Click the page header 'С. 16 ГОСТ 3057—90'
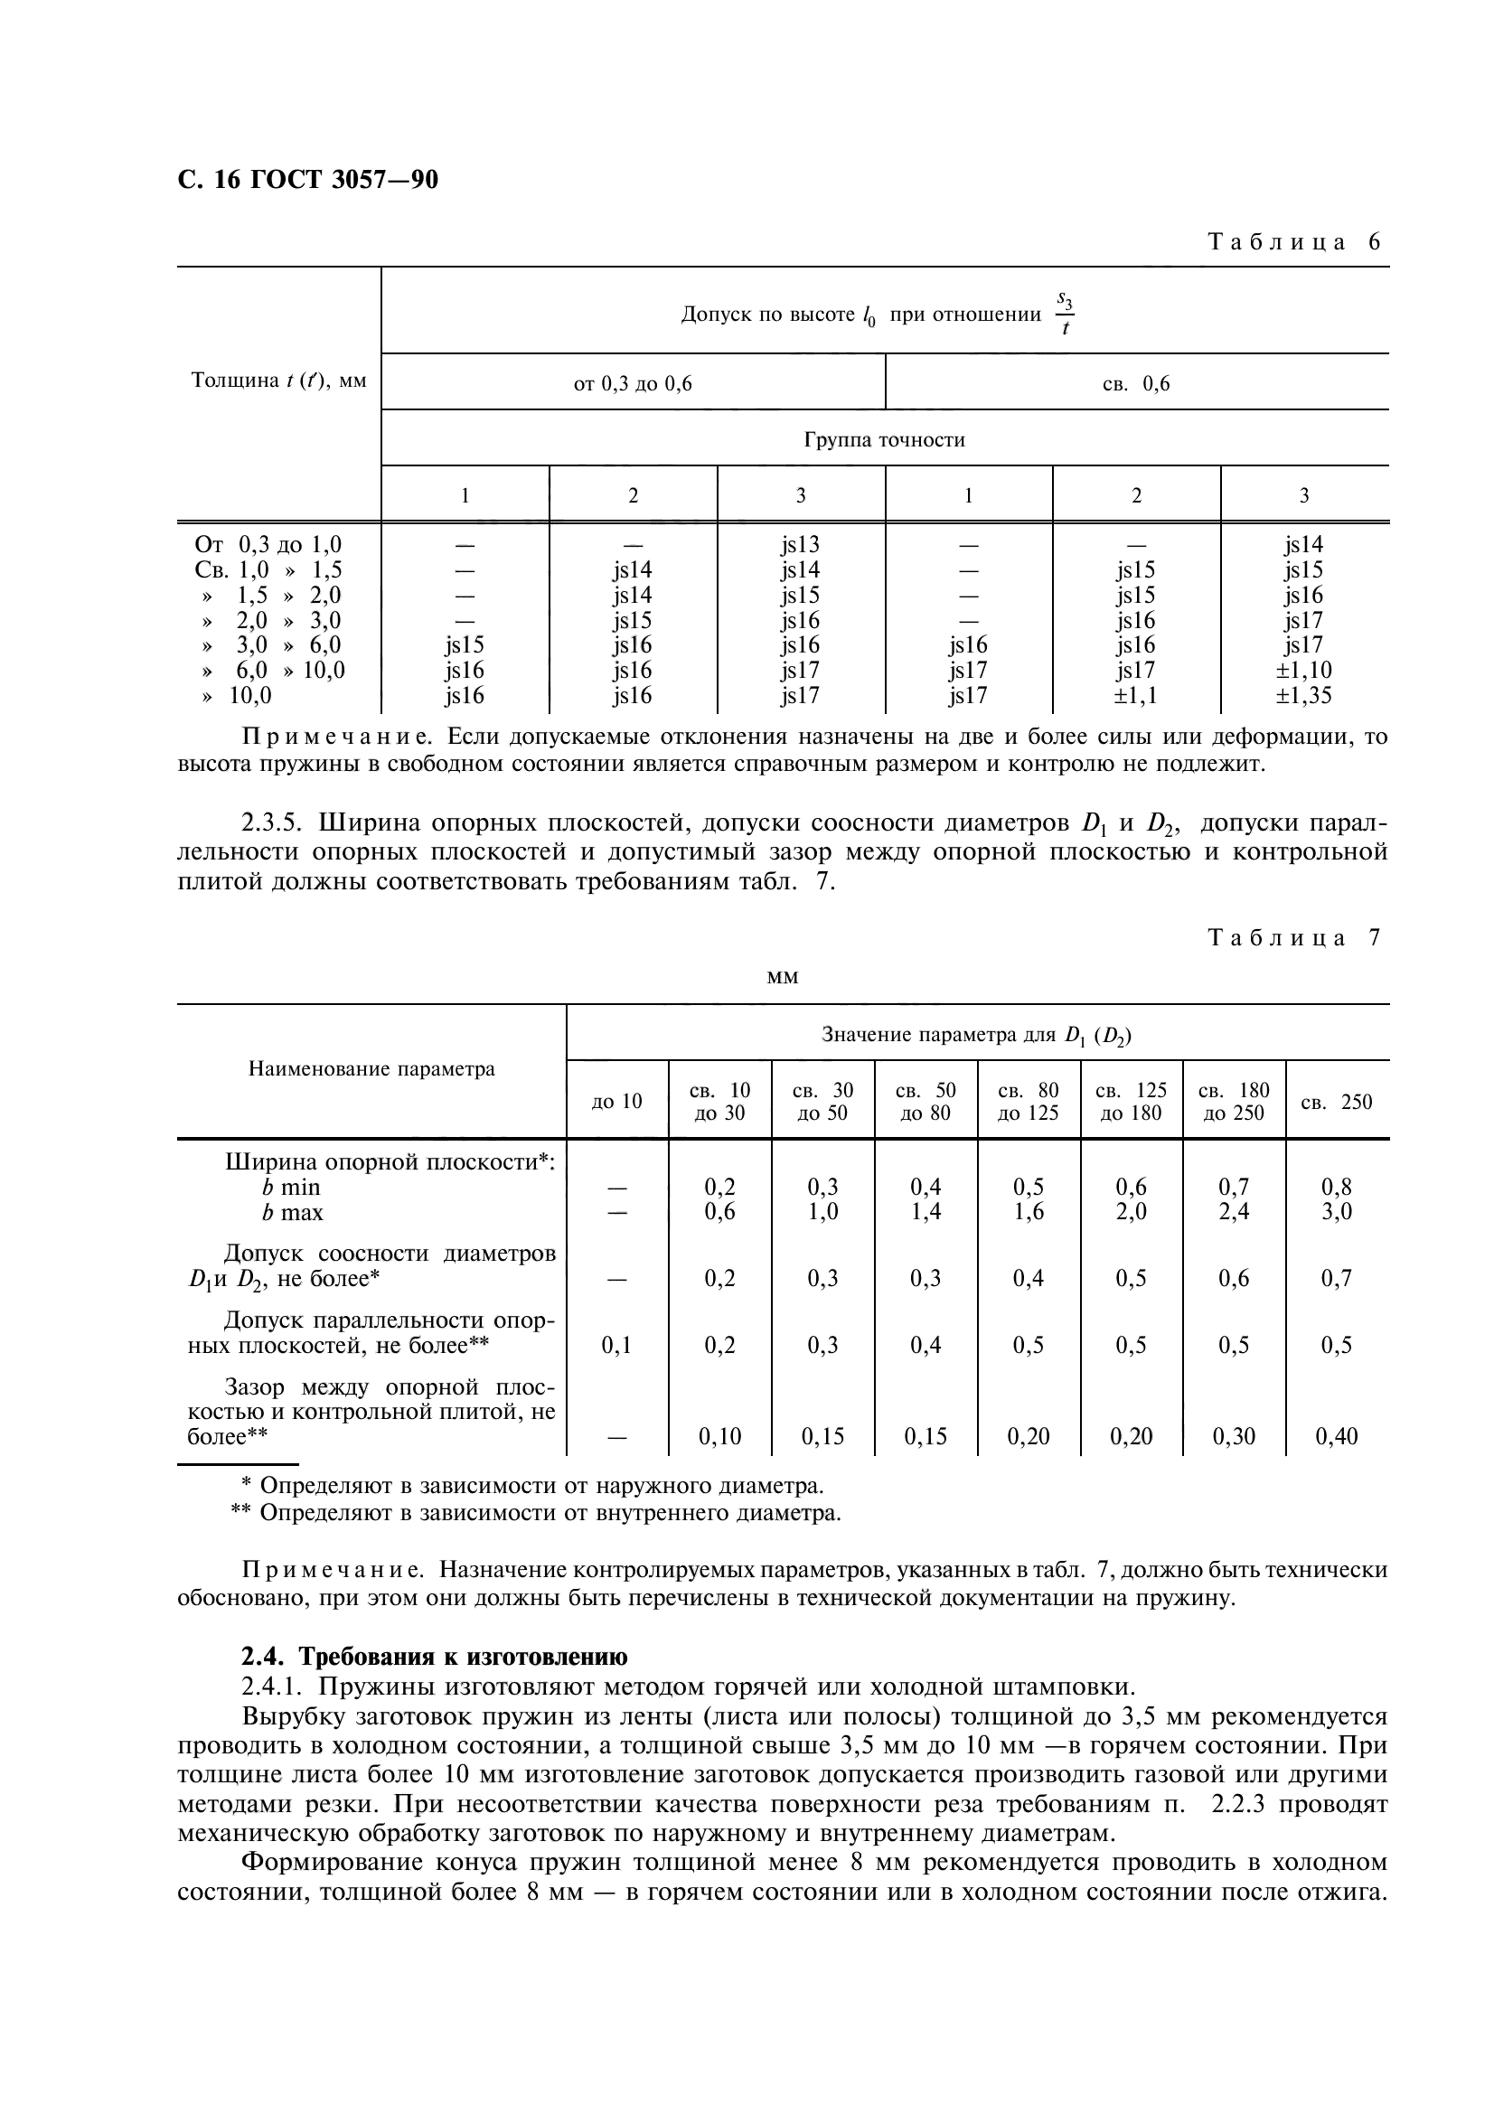(307, 181)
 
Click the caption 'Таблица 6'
(1293, 242)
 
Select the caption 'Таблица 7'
(1293, 938)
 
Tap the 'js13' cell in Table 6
(800, 545)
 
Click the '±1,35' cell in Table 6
(1303, 695)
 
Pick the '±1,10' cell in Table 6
(1303, 671)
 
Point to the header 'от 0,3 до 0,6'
(633, 384)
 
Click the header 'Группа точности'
(884, 440)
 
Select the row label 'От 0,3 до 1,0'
(268, 545)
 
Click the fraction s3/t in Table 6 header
(1064, 314)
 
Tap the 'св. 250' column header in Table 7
(1336, 1102)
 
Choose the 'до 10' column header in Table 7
(615, 1102)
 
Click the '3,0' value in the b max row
(1336, 1212)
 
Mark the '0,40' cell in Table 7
(1336, 1436)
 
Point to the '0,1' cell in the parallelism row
(615, 1345)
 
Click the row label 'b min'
(291, 1188)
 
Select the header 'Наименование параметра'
(371, 1070)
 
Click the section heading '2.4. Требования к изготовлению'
(434, 1657)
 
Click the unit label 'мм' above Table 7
(782, 977)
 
